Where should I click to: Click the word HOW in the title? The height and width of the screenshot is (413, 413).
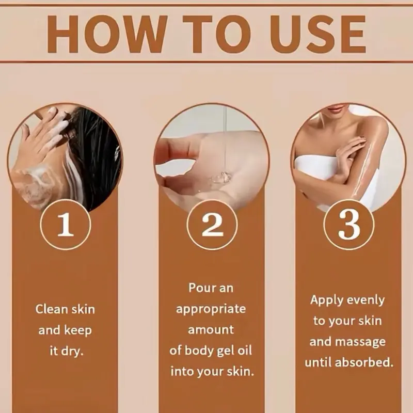(x=107, y=34)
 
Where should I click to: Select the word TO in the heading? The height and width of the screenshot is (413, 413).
(x=216, y=34)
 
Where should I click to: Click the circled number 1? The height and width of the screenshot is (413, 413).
(x=66, y=224)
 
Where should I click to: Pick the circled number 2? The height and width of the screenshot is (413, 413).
(x=212, y=224)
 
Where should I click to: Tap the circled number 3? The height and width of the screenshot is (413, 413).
(x=349, y=224)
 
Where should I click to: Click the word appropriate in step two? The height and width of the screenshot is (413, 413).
(x=211, y=309)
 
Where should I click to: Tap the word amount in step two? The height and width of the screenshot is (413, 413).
(x=211, y=330)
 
